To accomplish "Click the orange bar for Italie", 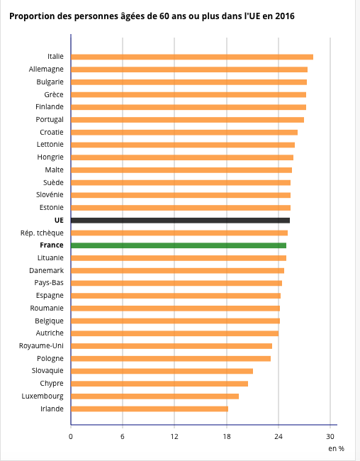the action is point(192,57).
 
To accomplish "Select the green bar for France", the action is point(179,245).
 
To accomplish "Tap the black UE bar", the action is point(180,221).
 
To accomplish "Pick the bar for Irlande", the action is point(150,409).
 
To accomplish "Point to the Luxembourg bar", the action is point(154,396).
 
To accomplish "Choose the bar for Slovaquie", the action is point(162,371).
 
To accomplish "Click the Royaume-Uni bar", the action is point(171,346).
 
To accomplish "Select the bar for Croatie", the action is point(184,133).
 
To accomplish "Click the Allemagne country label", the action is point(46,70).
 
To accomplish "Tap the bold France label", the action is point(52,245).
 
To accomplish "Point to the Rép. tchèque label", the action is point(42,233).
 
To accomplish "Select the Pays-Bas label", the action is point(49,283).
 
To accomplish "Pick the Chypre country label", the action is point(52,384).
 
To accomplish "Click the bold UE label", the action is point(59,220).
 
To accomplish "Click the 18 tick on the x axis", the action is point(227,437).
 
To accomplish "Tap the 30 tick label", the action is point(330,437).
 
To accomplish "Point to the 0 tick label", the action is point(71,437).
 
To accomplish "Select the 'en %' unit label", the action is point(336,449).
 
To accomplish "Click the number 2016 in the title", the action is point(284,16).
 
